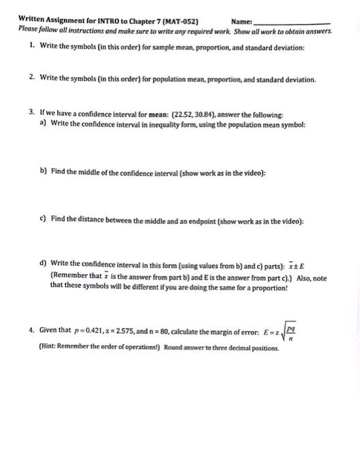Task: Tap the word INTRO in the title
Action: (99, 20)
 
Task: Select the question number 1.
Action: (31, 48)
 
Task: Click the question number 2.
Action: (32, 79)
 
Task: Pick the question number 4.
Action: (32, 330)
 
